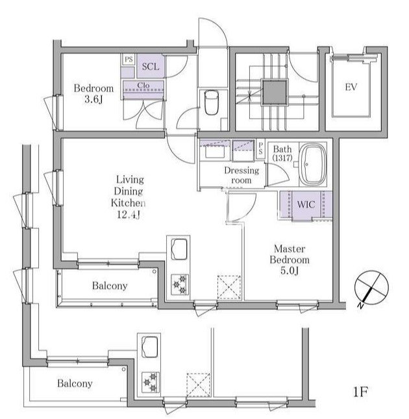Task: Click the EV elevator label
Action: click(351, 87)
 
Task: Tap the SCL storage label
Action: click(151, 67)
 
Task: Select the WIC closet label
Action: click(306, 205)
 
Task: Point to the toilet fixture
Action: click(212, 102)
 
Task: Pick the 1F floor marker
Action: click(360, 392)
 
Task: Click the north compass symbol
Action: click(371, 289)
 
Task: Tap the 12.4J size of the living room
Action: click(129, 215)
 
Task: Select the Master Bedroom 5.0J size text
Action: click(289, 271)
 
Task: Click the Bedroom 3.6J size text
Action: click(93, 100)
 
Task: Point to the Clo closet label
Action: click(143, 85)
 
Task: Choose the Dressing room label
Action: click(242, 175)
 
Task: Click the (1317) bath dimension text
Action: click(282, 158)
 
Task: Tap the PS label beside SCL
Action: click(129, 59)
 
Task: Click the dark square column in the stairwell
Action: click(275, 93)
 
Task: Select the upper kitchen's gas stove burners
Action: click(179, 285)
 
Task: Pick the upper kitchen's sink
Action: click(179, 249)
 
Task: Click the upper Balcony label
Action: click(110, 285)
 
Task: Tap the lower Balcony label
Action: click(75, 383)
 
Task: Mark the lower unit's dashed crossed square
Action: click(198, 385)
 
